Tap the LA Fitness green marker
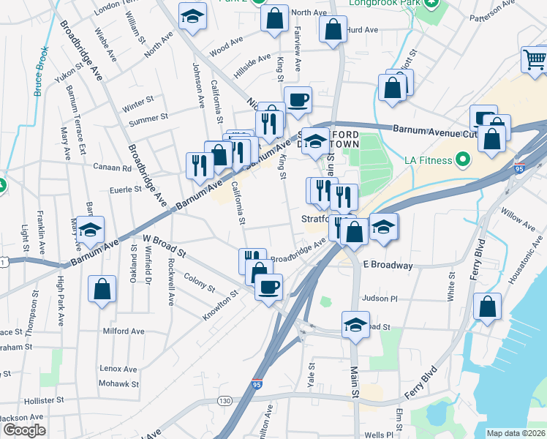coord(462,159)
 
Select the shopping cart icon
coord(535,60)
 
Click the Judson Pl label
coord(380,299)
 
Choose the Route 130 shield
coord(225,400)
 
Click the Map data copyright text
coord(516,433)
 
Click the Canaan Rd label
coord(111,167)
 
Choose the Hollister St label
coord(27,401)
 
